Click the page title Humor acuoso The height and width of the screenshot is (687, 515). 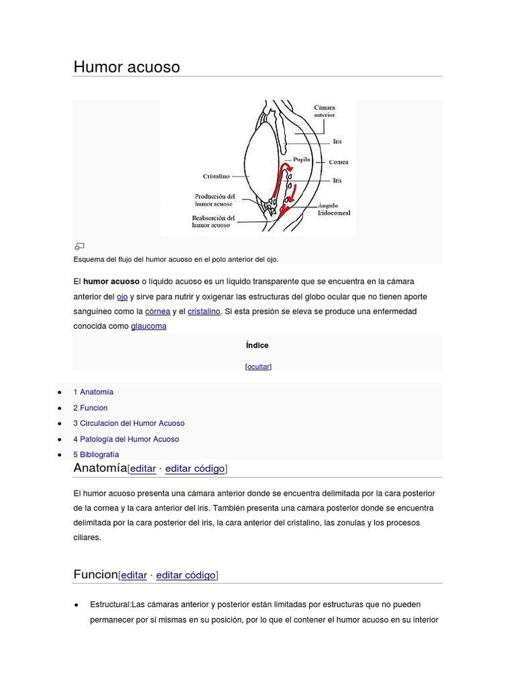pos(126,67)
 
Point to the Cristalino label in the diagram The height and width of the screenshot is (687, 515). pos(216,176)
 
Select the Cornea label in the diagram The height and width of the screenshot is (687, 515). pos(339,162)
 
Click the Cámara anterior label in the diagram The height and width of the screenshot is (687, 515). pos(325,111)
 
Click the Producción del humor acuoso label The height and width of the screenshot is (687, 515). pos(215,200)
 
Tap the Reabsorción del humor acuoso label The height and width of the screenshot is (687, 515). pos(213,222)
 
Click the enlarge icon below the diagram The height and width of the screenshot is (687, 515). pos(79,247)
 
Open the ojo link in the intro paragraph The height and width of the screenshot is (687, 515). pos(122,297)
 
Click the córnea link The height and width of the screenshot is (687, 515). pos(158,312)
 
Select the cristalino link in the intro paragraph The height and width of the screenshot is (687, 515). pos(204,312)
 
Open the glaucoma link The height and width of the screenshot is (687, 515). pos(149,327)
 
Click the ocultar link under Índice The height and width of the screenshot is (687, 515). pos(258,367)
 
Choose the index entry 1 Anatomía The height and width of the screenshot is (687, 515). pos(93,392)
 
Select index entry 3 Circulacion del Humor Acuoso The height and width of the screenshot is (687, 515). pos(129,423)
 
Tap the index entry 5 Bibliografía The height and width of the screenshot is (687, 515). pos(96,455)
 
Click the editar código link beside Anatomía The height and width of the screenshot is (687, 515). pos(194,469)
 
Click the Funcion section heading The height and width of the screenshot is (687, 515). pos(95,575)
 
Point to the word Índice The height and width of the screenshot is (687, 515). pos(257,346)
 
